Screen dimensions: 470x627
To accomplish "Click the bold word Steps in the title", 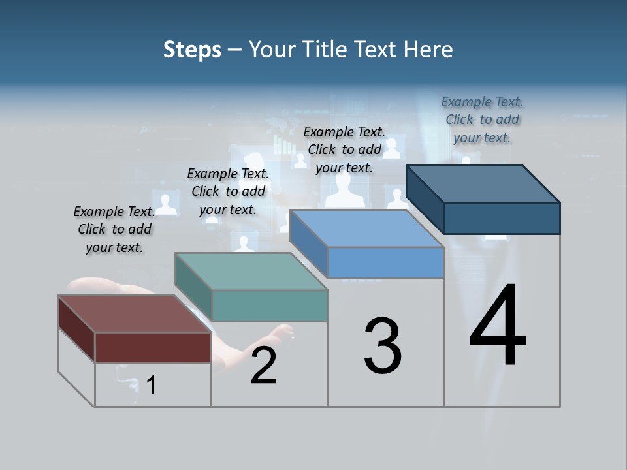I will (192, 50).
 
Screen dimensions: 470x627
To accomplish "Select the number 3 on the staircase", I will (383, 346).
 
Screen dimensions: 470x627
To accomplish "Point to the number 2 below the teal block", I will (263, 366).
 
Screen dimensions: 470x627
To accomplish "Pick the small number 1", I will (152, 385).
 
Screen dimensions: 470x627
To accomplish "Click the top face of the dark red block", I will (134, 314).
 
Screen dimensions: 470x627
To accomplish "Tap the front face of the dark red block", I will (153, 347).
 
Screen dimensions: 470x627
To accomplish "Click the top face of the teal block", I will (251, 271).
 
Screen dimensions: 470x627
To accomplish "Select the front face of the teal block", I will (270, 305).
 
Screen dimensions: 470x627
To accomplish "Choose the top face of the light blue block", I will (366, 228).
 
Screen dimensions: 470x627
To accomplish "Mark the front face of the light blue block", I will (385, 262).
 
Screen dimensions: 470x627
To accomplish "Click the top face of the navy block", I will (483, 183).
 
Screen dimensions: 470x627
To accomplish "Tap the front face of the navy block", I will (502, 218).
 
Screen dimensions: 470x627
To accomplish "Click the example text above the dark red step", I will (114, 230).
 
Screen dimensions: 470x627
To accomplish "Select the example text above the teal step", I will (228, 191).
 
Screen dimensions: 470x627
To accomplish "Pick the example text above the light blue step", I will (344, 149).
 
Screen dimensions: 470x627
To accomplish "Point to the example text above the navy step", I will (482, 119).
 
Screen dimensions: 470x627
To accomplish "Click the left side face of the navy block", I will (425, 199).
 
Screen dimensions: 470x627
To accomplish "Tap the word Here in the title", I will (429, 50).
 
